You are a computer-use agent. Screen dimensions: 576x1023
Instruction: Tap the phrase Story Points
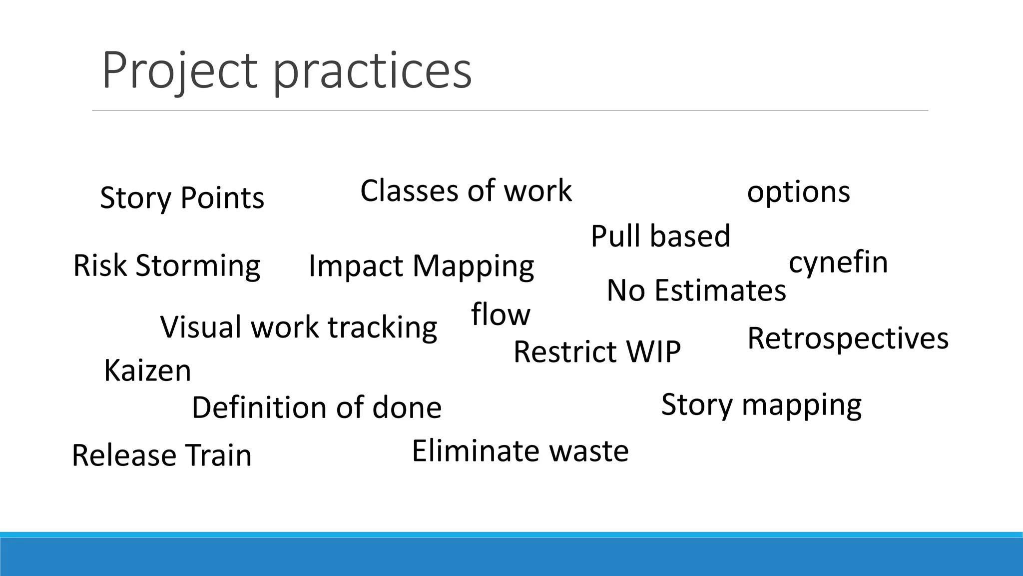(x=182, y=197)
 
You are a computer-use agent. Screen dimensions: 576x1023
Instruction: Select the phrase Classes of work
(x=466, y=190)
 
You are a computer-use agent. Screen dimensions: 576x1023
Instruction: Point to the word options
(x=798, y=192)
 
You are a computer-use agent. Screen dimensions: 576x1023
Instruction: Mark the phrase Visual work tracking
(x=298, y=327)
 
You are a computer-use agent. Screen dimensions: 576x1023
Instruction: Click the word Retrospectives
(x=848, y=338)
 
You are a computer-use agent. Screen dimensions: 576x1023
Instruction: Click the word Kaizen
(x=147, y=370)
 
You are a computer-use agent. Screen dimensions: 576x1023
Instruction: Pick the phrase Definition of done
(x=317, y=407)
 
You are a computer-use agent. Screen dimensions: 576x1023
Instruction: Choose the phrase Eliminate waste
(x=520, y=450)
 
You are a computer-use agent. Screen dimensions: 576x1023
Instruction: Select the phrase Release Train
(x=161, y=455)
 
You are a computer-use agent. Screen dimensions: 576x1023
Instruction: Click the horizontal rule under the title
(x=510, y=110)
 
